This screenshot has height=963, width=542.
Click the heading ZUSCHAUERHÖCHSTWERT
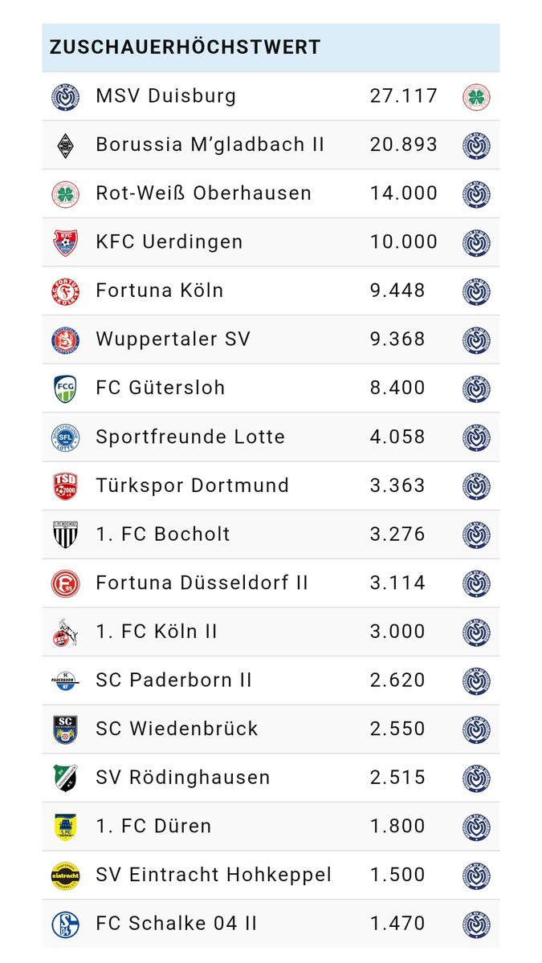click(x=185, y=47)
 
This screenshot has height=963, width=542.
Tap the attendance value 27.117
click(x=404, y=96)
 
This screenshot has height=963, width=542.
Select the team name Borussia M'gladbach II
click(x=210, y=144)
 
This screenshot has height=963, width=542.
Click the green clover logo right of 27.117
click(x=476, y=97)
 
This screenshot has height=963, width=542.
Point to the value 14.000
click(x=404, y=193)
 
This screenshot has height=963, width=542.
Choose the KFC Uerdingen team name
click(x=169, y=242)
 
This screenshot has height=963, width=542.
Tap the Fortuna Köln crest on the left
click(x=66, y=291)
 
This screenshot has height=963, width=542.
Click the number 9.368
click(x=397, y=339)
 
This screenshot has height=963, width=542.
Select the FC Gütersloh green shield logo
click(x=66, y=388)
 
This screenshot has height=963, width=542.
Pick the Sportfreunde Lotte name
click(x=190, y=437)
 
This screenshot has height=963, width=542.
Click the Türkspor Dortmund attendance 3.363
click(x=397, y=486)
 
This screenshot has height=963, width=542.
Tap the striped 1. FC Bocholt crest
click(x=66, y=534)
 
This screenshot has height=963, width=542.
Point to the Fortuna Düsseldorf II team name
click(x=202, y=583)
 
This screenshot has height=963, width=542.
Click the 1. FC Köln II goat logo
click(x=66, y=632)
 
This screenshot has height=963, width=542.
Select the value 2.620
click(x=397, y=681)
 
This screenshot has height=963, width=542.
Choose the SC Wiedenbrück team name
click(x=177, y=729)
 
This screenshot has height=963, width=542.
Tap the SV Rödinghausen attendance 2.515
click(x=397, y=778)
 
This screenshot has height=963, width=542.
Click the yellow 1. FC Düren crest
click(x=66, y=827)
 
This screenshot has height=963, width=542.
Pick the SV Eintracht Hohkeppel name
click(x=213, y=875)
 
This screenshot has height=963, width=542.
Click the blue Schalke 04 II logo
click(x=66, y=924)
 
